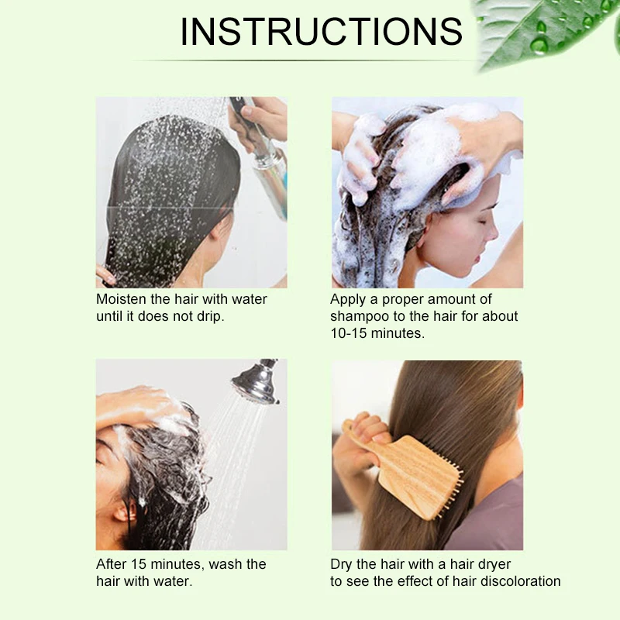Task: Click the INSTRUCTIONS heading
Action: pos(321,31)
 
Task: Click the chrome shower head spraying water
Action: pos(257,382)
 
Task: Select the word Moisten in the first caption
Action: pos(121,299)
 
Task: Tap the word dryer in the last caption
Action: pos(493,565)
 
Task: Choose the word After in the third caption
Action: pos(111,564)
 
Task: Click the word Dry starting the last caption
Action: pos(341,565)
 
